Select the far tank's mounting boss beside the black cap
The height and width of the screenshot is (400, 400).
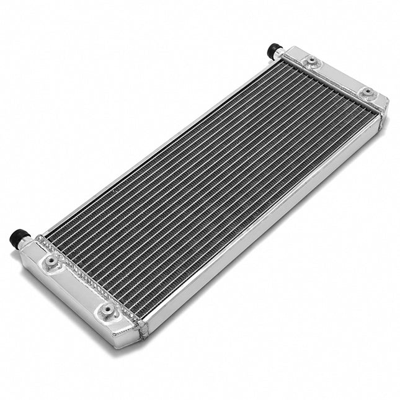[313, 61]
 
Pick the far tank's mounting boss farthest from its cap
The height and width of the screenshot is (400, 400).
[368, 93]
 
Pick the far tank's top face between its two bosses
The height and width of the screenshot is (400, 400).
[340, 77]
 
